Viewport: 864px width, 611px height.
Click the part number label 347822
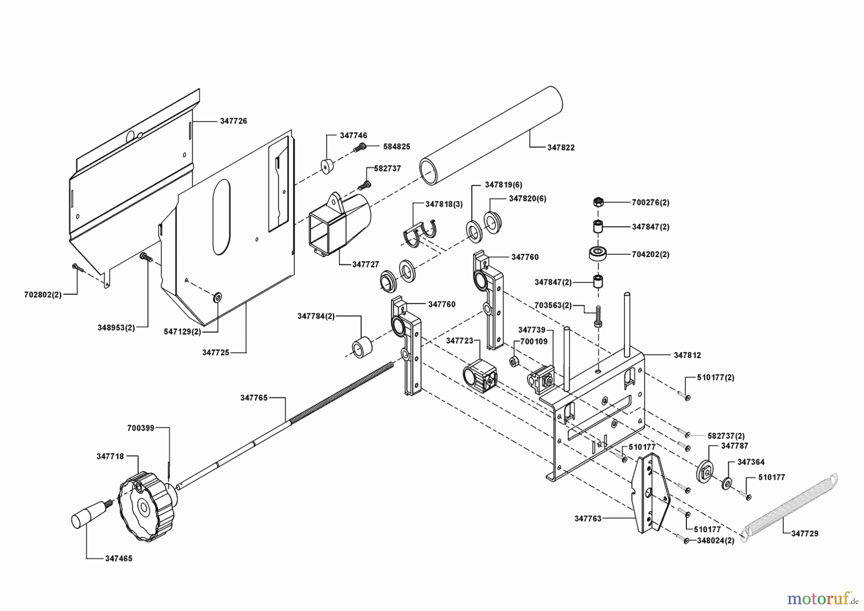tap(561, 148)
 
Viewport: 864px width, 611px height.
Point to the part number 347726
tap(233, 121)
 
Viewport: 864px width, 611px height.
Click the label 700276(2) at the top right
tap(650, 203)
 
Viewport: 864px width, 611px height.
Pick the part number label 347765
tap(254, 397)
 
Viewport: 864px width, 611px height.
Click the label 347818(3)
tap(444, 204)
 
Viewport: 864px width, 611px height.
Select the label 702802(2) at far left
tap(43, 295)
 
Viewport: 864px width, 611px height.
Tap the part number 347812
tap(687, 355)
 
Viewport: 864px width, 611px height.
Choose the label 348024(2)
tap(715, 540)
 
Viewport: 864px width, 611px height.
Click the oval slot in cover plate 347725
tap(222, 217)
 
